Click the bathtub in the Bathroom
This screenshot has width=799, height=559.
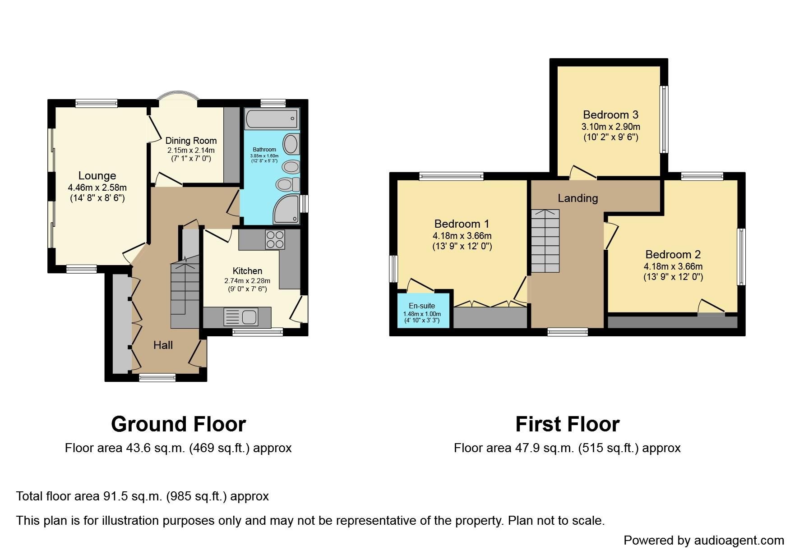pos(271,119)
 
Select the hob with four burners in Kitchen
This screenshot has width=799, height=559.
pos(275,239)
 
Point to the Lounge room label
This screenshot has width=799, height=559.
pos(97,176)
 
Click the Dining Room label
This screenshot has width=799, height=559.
pos(191,141)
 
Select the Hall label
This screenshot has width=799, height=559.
pos(163,345)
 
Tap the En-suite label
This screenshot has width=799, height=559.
pos(422,306)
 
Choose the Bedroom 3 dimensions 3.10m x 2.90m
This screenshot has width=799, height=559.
pos(610,127)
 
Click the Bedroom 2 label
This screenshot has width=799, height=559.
pos(673,254)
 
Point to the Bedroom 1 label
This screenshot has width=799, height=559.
pos(462,224)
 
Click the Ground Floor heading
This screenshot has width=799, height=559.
pos(178,424)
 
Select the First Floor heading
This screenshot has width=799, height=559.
pos(567,424)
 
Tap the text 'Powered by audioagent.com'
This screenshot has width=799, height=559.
pos(703,540)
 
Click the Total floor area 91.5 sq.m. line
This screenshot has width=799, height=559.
pos(143,496)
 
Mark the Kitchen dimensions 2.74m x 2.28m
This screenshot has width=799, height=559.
pos(247,280)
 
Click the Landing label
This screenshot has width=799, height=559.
pos(577,198)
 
